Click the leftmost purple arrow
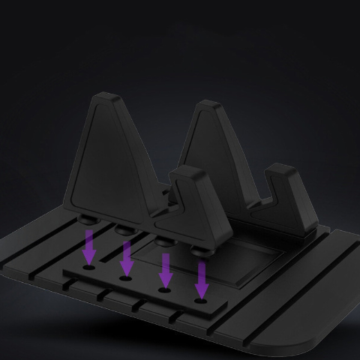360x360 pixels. point(89,246)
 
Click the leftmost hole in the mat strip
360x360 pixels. point(89,266)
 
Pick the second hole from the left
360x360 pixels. point(125,277)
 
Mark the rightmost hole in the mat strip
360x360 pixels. point(200,301)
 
